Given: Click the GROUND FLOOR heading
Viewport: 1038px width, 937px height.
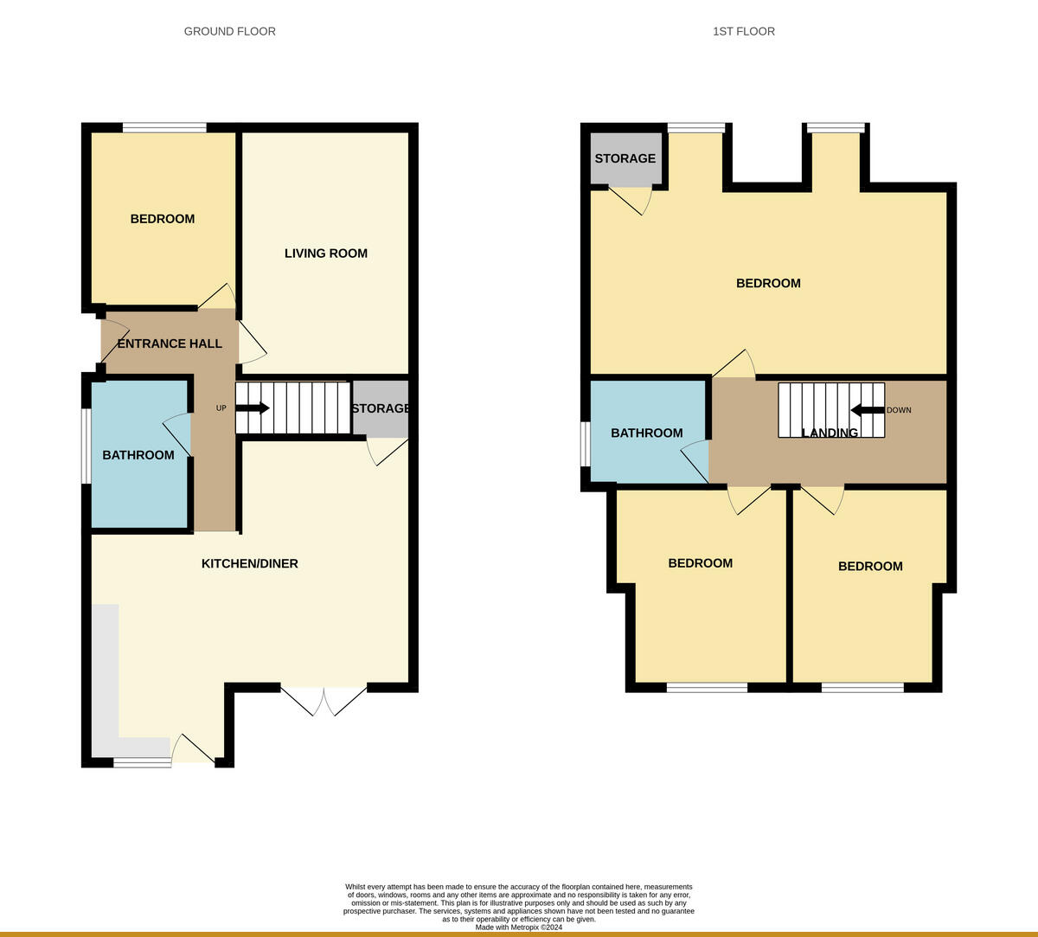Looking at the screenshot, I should [x=230, y=31].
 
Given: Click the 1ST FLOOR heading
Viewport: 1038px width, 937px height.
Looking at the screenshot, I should [x=744, y=31].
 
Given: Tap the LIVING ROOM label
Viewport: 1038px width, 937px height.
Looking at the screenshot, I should [x=326, y=254].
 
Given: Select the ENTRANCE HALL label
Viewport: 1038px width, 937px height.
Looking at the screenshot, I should [x=170, y=343].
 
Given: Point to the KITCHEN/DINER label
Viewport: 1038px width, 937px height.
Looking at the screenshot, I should [x=250, y=563].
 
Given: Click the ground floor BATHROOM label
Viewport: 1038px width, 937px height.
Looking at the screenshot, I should [x=138, y=455].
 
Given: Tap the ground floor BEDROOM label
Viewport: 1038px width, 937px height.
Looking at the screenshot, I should [x=163, y=219].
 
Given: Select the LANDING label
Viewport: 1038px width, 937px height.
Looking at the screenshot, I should [x=830, y=433].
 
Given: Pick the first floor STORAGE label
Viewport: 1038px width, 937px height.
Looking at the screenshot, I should [x=625, y=158].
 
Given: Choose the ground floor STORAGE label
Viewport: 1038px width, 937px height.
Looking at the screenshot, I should [x=380, y=408].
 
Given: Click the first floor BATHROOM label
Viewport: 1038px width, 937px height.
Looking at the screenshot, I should [x=647, y=433].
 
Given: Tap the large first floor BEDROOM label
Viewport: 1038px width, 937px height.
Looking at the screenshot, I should [x=768, y=283].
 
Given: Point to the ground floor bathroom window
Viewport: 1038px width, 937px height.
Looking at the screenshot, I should [x=86, y=446].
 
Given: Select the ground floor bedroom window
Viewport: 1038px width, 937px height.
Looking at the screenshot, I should [x=164, y=128].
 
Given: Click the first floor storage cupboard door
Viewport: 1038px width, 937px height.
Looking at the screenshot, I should [x=631, y=199].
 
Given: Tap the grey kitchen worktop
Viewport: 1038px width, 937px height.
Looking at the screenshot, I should [x=106, y=675].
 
